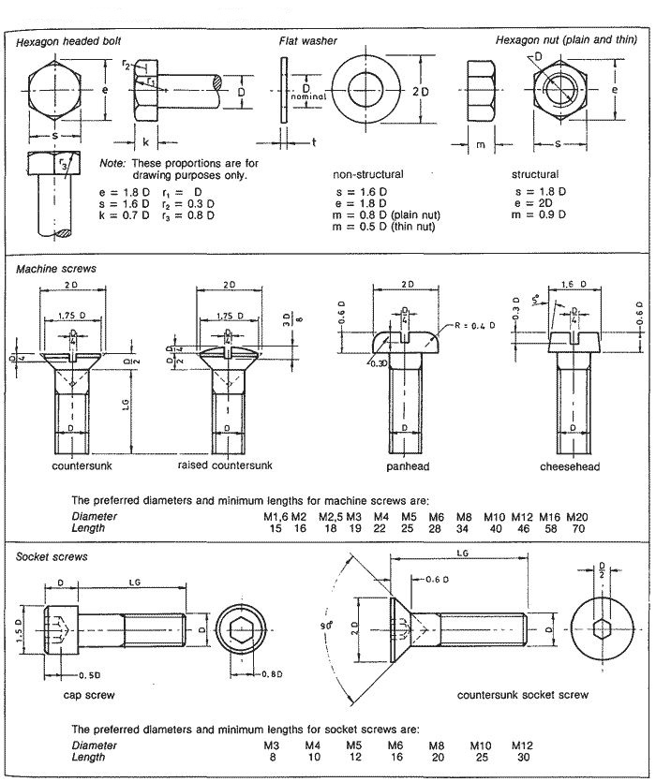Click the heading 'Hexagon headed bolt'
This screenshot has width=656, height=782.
click(68, 42)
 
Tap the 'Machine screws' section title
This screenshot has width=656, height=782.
click(56, 269)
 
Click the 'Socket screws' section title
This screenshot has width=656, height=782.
click(52, 557)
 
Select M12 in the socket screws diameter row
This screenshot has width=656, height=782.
click(522, 745)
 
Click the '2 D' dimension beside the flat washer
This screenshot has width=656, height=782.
click(420, 91)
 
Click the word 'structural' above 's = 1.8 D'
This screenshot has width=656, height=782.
click(535, 174)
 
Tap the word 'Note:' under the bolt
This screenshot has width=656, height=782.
click(112, 162)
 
